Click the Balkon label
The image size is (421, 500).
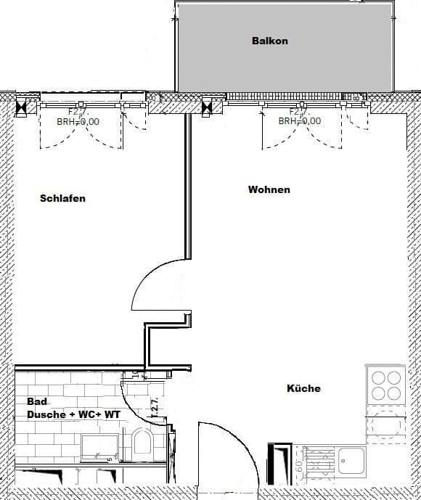(269, 41)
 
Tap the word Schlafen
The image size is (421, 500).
(62, 198)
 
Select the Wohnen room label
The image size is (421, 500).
(269, 189)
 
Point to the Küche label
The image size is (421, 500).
(303, 388)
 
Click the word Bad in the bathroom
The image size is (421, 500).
(37, 401)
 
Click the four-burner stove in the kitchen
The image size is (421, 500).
(385, 385)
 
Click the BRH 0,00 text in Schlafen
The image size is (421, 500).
(78, 122)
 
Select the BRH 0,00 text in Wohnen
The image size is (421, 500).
(299, 121)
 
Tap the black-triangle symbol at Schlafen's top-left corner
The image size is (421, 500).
(22, 108)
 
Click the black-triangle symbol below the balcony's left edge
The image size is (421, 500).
(208, 108)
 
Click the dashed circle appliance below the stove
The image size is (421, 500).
(385, 425)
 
